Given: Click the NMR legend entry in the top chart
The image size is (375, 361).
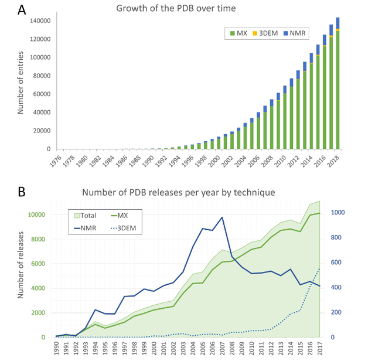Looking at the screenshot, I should (298, 33).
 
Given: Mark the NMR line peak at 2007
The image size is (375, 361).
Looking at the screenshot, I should (222, 217).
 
